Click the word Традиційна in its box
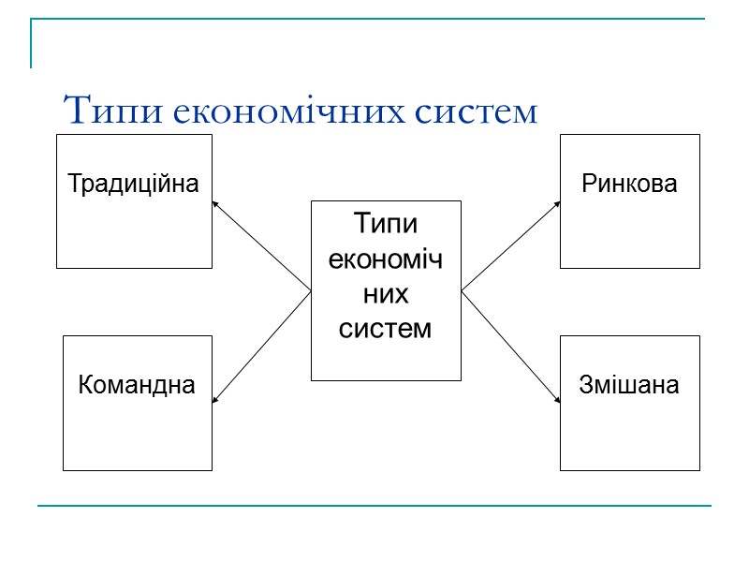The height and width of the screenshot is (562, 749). pos(134,183)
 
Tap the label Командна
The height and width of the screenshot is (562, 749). pos(137,384)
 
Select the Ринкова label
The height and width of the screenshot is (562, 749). pos(629,184)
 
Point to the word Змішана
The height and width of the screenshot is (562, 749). pos(629,384)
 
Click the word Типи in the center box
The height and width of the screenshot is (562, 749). pos(386,225)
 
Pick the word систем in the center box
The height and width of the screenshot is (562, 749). pos(386,330)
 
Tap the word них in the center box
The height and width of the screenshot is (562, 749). pos(386,294)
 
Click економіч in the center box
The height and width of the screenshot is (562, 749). pos(386,259)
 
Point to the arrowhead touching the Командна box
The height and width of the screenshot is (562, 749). pos(215,401)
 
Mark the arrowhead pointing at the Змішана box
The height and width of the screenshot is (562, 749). pos(557,401)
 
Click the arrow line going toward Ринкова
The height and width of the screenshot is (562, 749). pos(510,245)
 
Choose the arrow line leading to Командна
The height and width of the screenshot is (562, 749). pos(262,347)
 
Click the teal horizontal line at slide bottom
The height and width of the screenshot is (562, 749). pos(374,506)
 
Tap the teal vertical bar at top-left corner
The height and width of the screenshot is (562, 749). pos(32,43)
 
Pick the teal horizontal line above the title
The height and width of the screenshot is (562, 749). pos(374,19)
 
